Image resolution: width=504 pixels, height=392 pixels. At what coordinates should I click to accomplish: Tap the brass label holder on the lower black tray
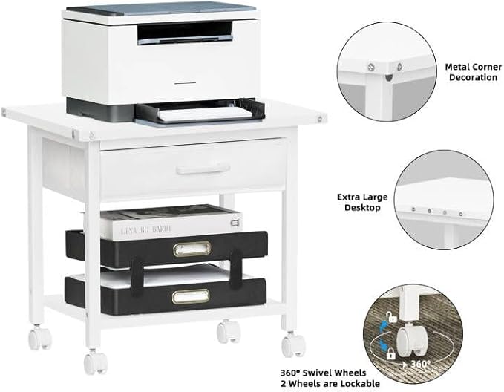pyautogui.click(x=191, y=297)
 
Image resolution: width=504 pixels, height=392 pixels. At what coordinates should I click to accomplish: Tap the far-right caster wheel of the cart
pyautogui.click(x=294, y=344)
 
